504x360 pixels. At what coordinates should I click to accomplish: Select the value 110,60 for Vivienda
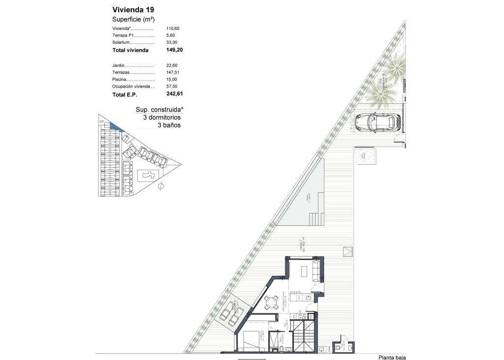click(x=173, y=29)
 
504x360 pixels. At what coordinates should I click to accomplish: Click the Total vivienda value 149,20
click(x=175, y=50)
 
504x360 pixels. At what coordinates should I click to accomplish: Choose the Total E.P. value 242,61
click(x=175, y=93)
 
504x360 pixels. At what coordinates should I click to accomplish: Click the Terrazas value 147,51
click(x=173, y=72)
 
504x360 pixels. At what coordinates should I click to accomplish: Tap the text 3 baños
click(x=169, y=125)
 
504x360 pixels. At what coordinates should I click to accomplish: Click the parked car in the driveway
click(x=376, y=122)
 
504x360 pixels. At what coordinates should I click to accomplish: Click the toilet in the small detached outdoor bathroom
click(x=337, y=348)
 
